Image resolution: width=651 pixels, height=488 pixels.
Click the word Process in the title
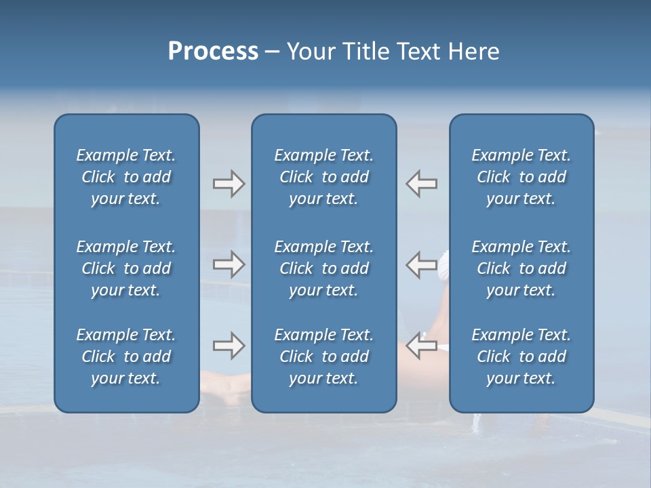(213, 52)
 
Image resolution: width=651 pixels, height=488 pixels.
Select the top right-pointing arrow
(229, 184)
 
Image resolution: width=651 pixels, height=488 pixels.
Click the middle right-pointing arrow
(229, 264)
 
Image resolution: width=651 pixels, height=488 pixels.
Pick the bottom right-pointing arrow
(229, 346)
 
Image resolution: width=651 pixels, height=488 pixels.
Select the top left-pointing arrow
(422, 184)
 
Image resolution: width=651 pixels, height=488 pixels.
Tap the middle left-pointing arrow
(422, 264)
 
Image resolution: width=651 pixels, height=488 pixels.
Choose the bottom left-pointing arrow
(422, 346)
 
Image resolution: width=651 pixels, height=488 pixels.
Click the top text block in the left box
(126, 177)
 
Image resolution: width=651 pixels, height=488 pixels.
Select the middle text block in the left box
(126, 268)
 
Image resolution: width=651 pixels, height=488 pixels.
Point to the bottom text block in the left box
(126, 357)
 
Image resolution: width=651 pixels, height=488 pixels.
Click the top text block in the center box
(324, 177)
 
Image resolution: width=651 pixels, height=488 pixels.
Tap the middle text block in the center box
(324, 268)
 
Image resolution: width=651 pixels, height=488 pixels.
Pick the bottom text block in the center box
(324, 357)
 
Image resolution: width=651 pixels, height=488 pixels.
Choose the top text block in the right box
(521, 177)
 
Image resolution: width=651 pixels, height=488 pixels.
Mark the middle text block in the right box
(521, 268)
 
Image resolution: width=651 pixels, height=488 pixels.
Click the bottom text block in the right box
(521, 357)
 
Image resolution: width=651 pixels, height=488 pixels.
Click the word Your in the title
(309, 52)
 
